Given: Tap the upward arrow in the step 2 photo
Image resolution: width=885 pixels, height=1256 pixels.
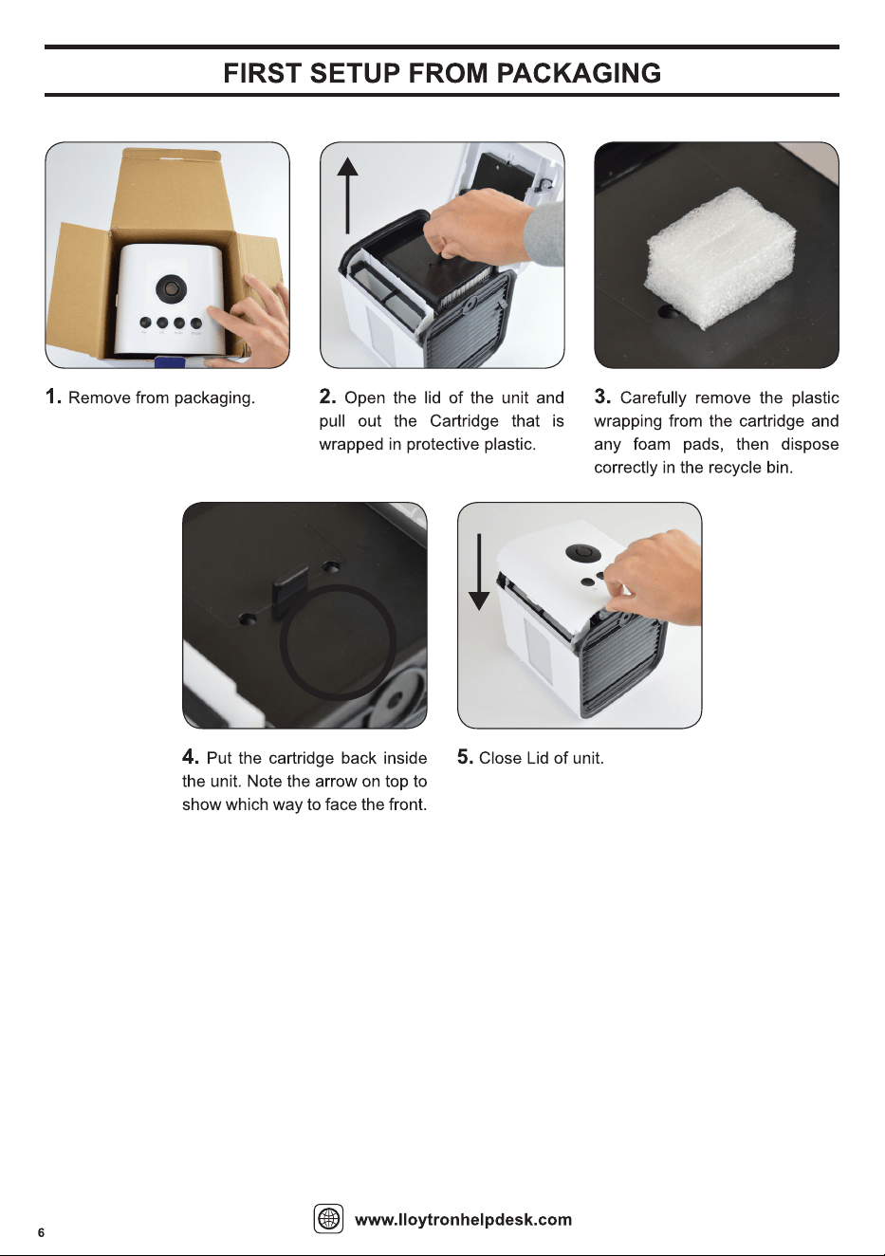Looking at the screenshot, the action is click(348, 195).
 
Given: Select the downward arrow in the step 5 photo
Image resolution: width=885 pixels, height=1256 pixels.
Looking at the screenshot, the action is click(479, 572).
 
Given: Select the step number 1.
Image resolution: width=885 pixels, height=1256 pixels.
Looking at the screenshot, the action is click(53, 397).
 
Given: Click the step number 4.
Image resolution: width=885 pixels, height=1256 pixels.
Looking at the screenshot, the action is click(190, 756).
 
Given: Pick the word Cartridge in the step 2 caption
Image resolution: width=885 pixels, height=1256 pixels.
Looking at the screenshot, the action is click(464, 421).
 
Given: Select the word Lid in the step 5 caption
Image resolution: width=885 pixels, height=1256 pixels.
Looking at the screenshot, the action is click(538, 758).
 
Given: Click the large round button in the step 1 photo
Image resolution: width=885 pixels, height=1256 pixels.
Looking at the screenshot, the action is click(169, 288).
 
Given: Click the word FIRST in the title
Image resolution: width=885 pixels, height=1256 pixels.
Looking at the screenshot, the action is click(262, 73).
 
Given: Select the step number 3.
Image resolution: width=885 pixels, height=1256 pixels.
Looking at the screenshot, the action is click(602, 397).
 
